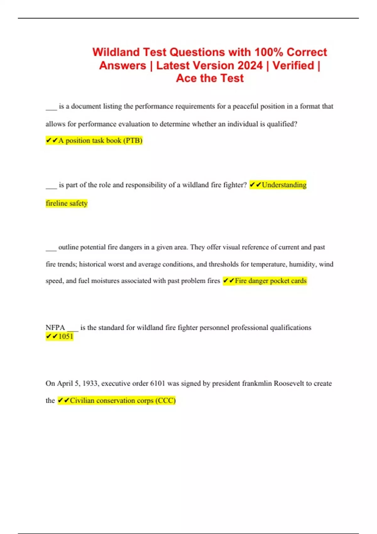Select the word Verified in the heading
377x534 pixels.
293,65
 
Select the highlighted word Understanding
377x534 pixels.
284,185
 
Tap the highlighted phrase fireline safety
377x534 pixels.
67,203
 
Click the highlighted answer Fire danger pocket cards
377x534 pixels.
270,281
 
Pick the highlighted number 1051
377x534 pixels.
66,336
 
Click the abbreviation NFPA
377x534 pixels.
55,328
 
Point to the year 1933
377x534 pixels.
90,384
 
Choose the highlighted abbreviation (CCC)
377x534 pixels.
166,401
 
